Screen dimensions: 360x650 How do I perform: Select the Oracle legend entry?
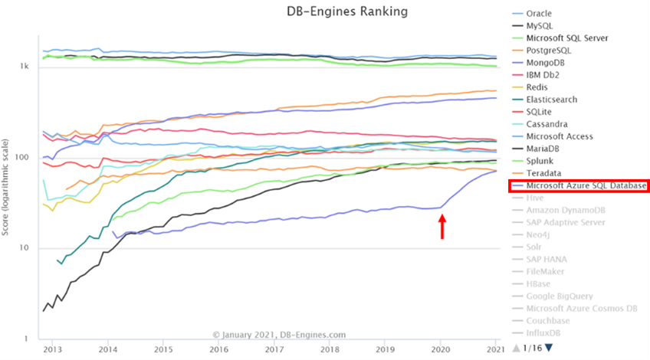[x=539, y=13]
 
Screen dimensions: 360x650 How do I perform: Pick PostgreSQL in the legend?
[x=549, y=50]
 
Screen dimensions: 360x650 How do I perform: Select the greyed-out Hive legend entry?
[x=536, y=198]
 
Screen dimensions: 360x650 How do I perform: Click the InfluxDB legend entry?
[x=547, y=333]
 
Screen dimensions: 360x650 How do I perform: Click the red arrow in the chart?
[x=442, y=227]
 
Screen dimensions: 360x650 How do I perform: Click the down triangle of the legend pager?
[x=550, y=348]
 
